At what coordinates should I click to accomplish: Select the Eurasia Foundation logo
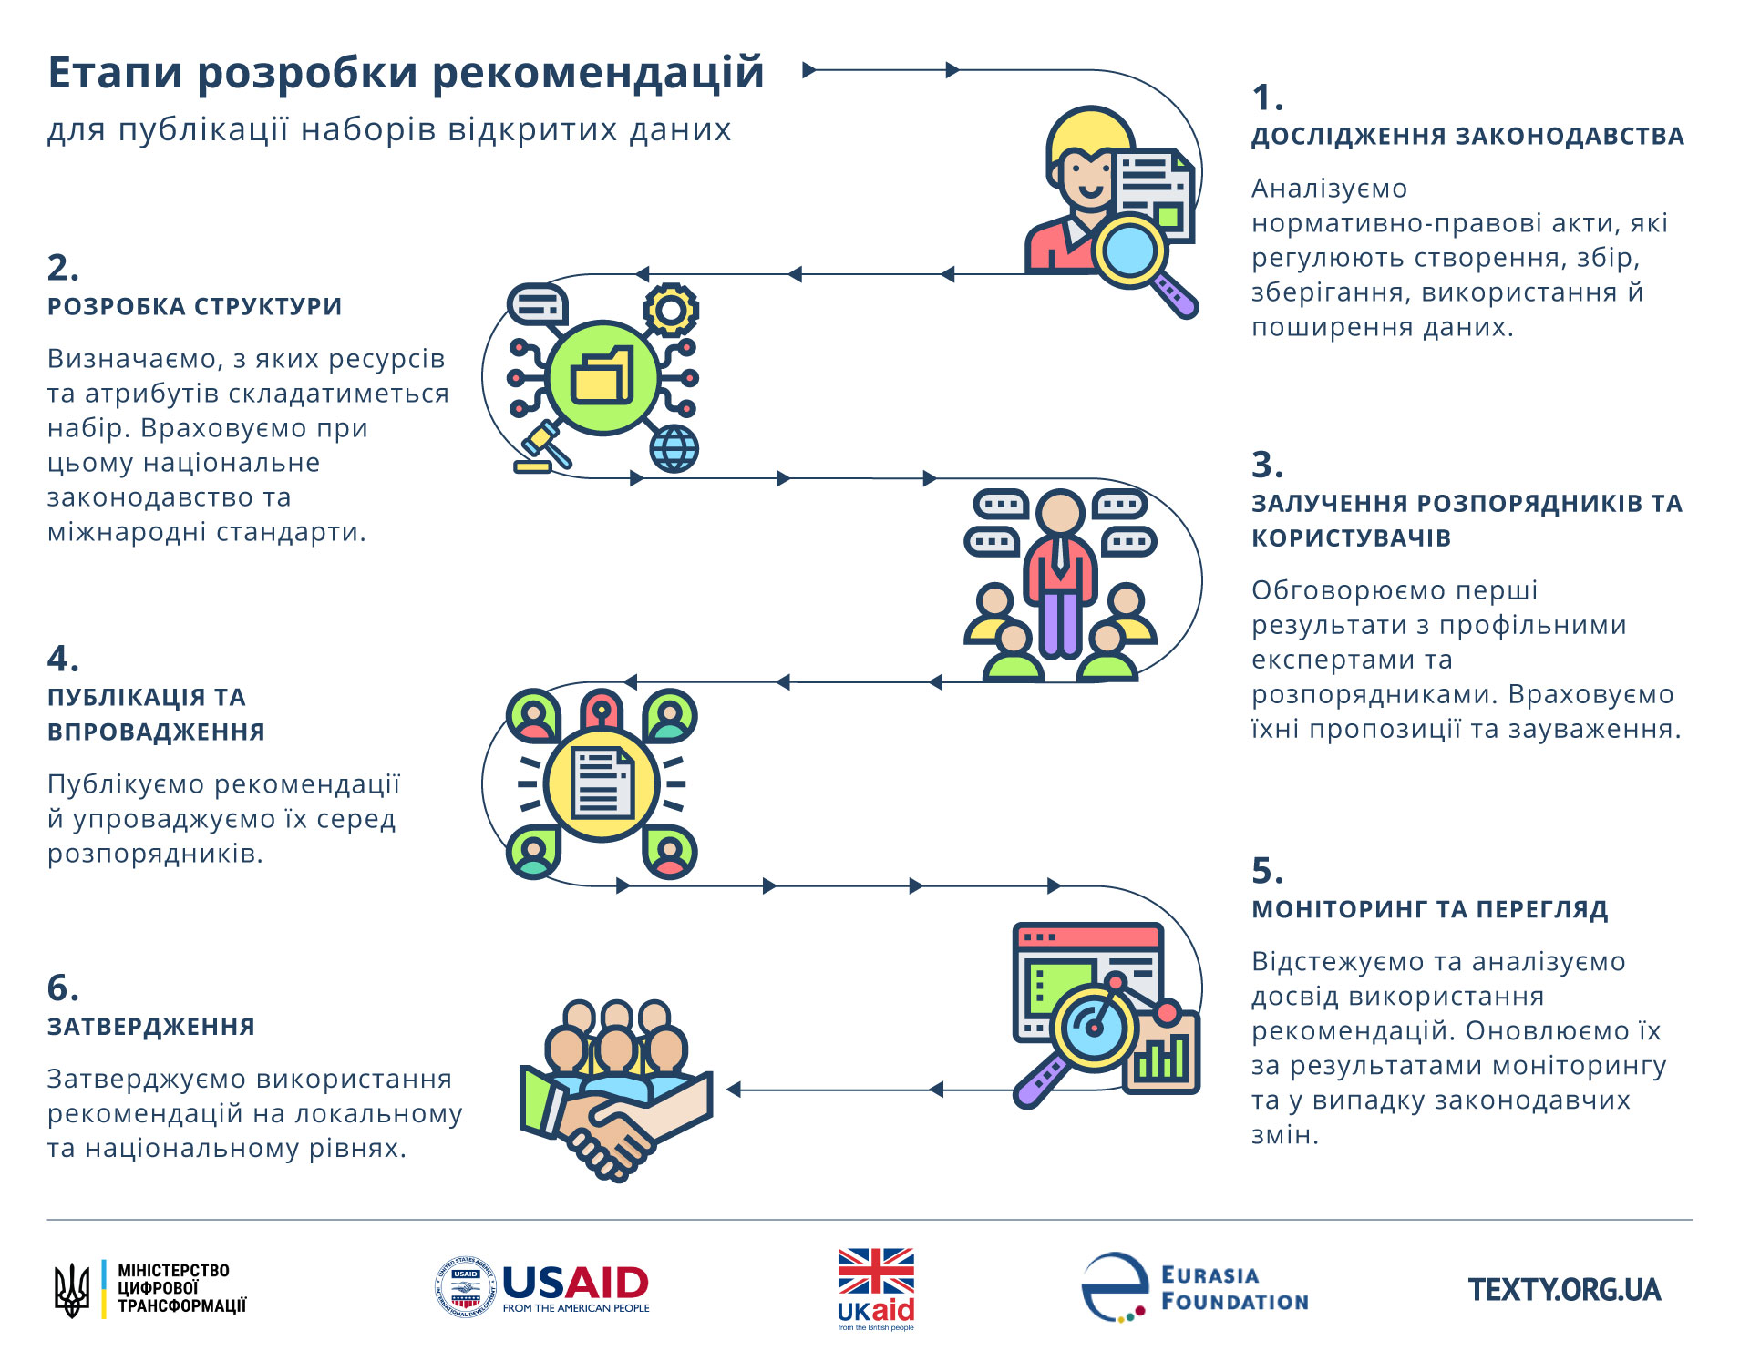click(1195, 1287)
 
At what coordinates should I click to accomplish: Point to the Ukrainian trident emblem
click(72, 1290)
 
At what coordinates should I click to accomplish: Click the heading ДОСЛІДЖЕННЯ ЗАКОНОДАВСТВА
click(1467, 137)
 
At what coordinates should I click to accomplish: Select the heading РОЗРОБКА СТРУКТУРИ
click(194, 307)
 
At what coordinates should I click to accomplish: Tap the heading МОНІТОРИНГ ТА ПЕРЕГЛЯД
click(1429, 910)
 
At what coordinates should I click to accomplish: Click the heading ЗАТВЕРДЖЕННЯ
click(151, 1028)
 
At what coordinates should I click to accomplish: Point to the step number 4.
click(62, 659)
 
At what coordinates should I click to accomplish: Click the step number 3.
click(1266, 466)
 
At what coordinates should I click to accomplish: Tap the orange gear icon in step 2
click(671, 310)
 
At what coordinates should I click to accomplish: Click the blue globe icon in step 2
click(674, 448)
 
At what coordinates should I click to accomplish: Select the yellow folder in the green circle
click(602, 375)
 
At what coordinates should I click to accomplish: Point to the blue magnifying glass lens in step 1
click(1129, 249)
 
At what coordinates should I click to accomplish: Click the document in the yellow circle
click(602, 783)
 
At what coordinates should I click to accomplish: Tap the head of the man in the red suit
click(1060, 512)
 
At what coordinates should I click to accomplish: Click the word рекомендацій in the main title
click(597, 73)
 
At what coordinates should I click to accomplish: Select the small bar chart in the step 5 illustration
click(1160, 1059)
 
